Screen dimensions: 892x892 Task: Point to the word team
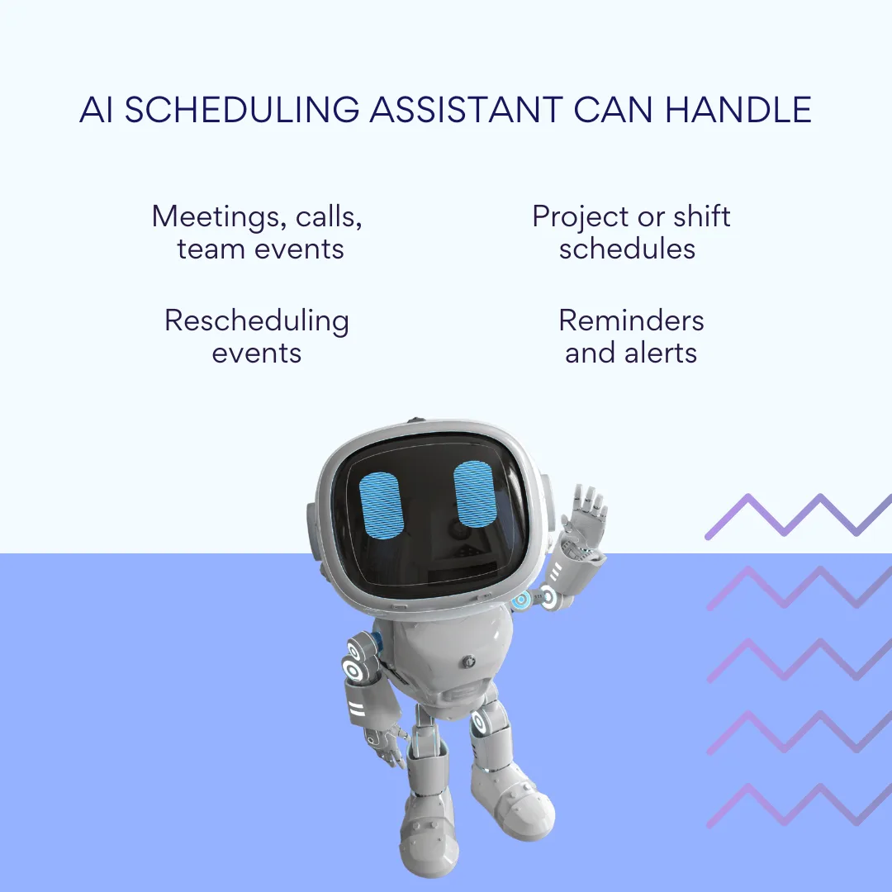[x=206, y=249]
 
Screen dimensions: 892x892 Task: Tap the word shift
[x=701, y=216]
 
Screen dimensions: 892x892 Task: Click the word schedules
[x=627, y=249]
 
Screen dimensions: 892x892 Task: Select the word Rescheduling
[x=257, y=320]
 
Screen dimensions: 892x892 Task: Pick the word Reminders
[x=631, y=320]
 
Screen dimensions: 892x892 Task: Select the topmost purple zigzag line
[x=798, y=516]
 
